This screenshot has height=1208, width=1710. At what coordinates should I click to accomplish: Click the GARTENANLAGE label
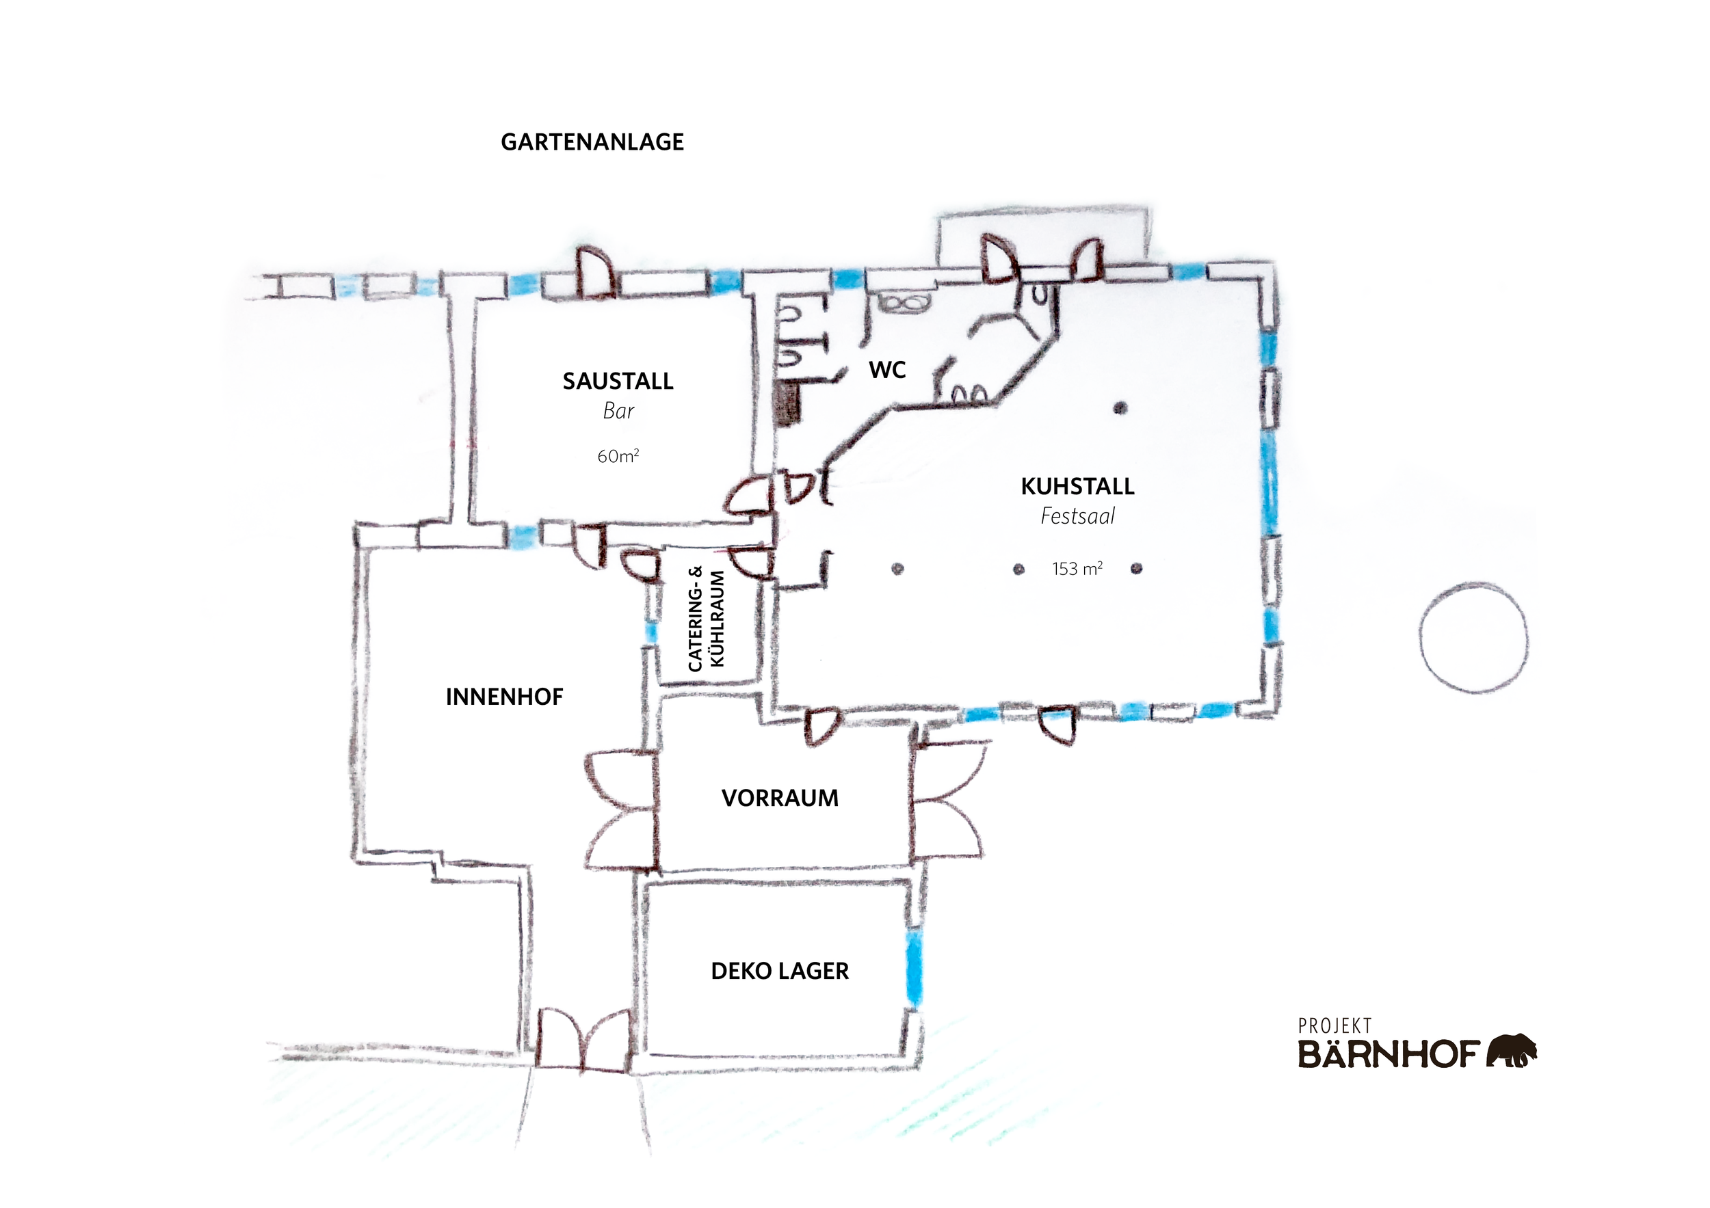pyautogui.click(x=592, y=142)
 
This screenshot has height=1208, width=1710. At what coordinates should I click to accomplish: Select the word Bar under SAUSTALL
pyautogui.click(x=618, y=411)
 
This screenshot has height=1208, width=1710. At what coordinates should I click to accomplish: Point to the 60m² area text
pyautogui.click(x=618, y=455)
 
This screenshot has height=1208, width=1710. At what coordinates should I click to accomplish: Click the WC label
pyautogui.click(x=887, y=370)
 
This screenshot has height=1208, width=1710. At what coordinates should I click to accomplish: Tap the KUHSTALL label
pyautogui.click(x=1077, y=487)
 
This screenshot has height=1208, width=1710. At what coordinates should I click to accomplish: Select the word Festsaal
pyautogui.click(x=1077, y=515)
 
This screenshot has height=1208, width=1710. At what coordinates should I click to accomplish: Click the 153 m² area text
pyautogui.click(x=1077, y=569)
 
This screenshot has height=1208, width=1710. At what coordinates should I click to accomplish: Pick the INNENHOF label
pyautogui.click(x=504, y=697)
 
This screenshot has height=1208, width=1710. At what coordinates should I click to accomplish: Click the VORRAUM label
pyautogui.click(x=780, y=798)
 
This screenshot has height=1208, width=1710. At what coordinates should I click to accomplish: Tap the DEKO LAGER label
pyautogui.click(x=780, y=971)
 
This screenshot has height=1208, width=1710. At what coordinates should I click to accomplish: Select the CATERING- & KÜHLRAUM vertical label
pyautogui.click(x=705, y=619)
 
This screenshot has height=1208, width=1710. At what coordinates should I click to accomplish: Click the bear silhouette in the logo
pyautogui.click(x=1511, y=1050)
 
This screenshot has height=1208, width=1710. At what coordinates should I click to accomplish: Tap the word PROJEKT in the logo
pyautogui.click(x=1334, y=1026)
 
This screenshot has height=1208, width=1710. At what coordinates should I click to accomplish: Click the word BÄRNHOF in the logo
pyautogui.click(x=1389, y=1054)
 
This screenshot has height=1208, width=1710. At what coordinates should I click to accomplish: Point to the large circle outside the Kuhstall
pyautogui.click(x=1473, y=638)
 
